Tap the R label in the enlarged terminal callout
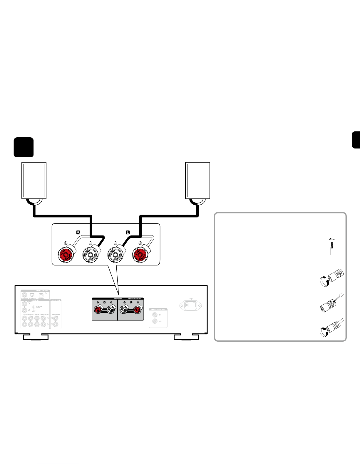pyautogui.click(x=78, y=232)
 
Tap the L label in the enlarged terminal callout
pyautogui.click(x=128, y=232)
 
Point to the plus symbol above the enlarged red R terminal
pyautogui.click(x=66, y=243)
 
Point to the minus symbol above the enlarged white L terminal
pyautogui.click(x=115, y=243)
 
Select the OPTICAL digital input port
pyautogui.click(x=32, y=295)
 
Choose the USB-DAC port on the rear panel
pyautogui.click(x=41, y=295)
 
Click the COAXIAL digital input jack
pyautogui.click(x=24, y=295)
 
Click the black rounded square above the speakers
pyautogui.click(x=24, y=147)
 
